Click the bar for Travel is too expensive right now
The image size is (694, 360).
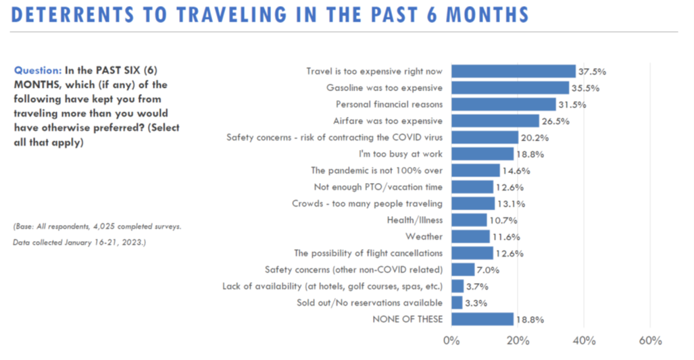(x=513, y=71)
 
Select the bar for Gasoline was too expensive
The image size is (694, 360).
(x=510, y=88)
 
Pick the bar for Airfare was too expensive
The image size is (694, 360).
(x=495, y=121)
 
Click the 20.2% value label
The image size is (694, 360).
(x=534, y=137)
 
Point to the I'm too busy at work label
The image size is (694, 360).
(x=403, y=153)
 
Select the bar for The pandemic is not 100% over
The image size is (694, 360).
(x=475, y=170)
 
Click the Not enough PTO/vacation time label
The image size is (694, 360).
(x=378, y=186)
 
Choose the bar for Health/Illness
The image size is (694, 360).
(x=469, y=220)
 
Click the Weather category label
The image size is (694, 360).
(x=424, y=236)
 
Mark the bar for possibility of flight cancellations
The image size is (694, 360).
(x=472, y=253)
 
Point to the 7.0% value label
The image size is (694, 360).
(x=489, y=269)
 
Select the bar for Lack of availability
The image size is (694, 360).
(x=457, y=286)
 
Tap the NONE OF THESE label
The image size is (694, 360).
(x=407, y=319)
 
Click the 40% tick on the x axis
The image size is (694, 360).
(x=584, y=340)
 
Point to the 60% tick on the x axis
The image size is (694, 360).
(x=650, y=340)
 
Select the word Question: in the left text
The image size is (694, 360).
(x=38, y=70)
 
